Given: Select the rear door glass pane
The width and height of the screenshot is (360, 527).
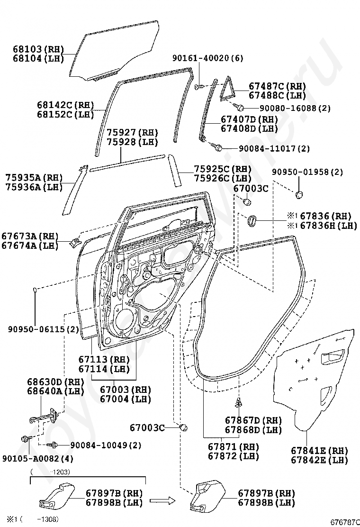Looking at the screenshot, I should point(114,47).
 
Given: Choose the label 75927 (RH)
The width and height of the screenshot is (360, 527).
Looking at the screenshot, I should point(132,132).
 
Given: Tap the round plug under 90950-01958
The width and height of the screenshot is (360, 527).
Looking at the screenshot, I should point(299,194).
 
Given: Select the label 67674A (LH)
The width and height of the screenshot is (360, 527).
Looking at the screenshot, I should point(29,245).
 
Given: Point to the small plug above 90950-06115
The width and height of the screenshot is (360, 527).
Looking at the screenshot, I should point(36,290).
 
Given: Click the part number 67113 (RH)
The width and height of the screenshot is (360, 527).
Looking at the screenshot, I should point(104,360).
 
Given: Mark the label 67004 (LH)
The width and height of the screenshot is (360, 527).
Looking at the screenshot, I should point(125,399).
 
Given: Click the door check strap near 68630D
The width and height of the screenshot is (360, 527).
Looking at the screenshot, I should point(48,417).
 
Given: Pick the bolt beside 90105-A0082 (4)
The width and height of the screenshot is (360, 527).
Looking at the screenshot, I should point(24,439).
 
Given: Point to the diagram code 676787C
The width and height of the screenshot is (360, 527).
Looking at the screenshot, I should point(344,521).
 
